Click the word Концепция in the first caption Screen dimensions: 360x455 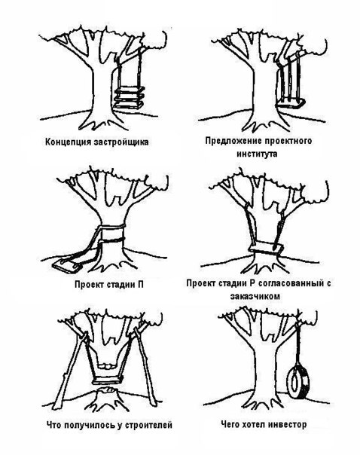click(69, 142)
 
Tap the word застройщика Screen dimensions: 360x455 click(122, 142)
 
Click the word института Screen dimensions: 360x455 click(257, 154)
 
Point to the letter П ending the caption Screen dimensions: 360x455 click(140, 285)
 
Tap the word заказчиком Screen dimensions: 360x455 click(255, 296)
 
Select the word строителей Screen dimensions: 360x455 click(148, 426)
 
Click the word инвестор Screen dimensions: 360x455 click(287, 425)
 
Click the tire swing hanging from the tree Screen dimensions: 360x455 click(298, 382)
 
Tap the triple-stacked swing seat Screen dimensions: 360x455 click(130, 97)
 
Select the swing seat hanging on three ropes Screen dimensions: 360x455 click(291, 104)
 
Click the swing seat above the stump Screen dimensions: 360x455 click(108, 380)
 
